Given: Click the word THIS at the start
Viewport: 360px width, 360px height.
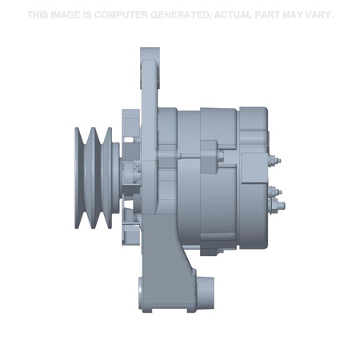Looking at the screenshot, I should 38,15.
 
